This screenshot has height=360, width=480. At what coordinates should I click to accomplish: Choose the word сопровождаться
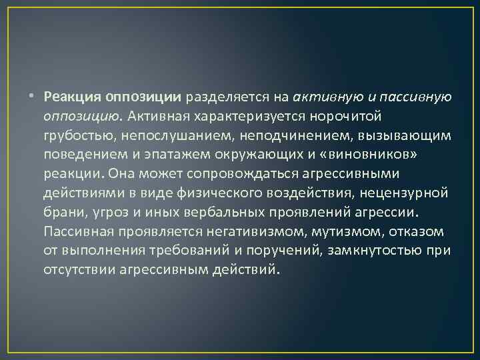point(226,175)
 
